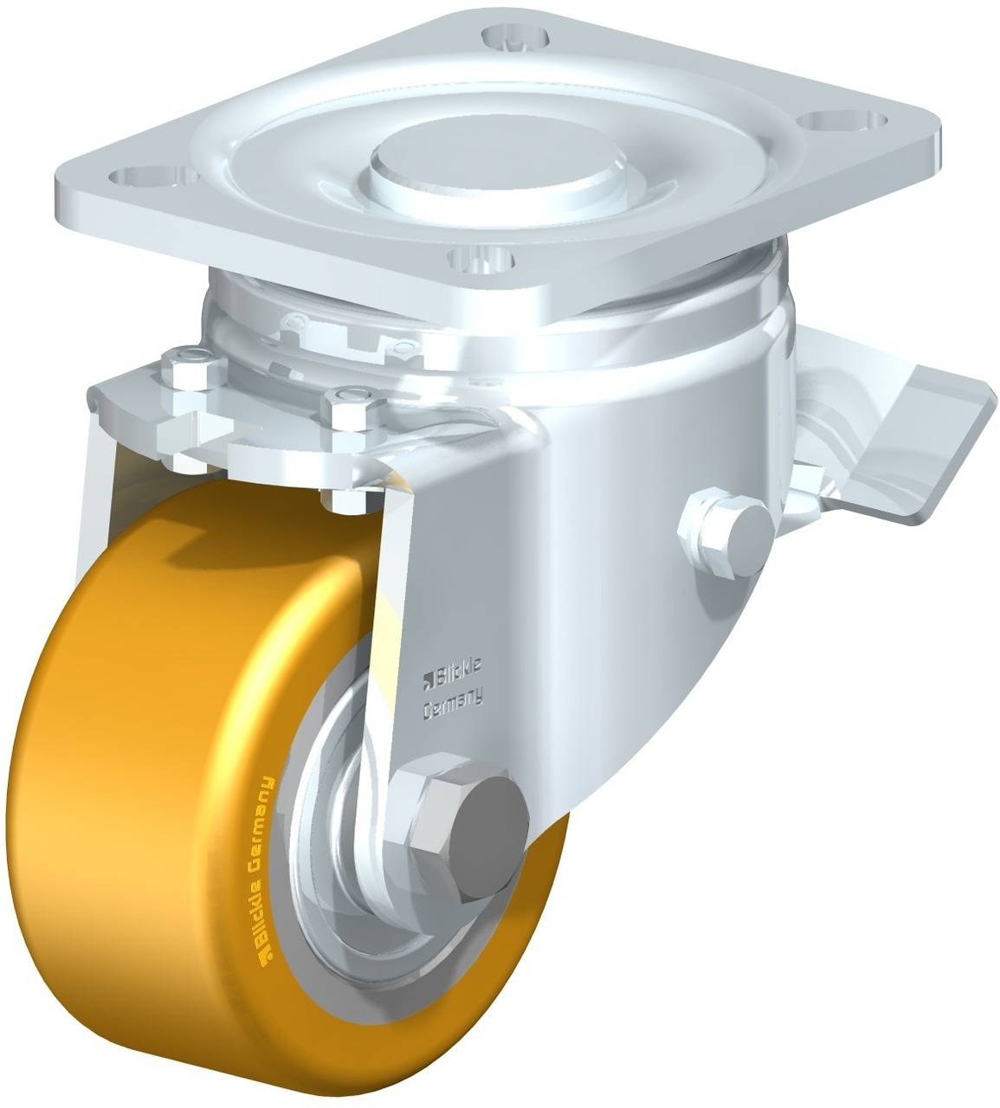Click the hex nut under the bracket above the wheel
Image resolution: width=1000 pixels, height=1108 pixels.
tap(345, 497)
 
